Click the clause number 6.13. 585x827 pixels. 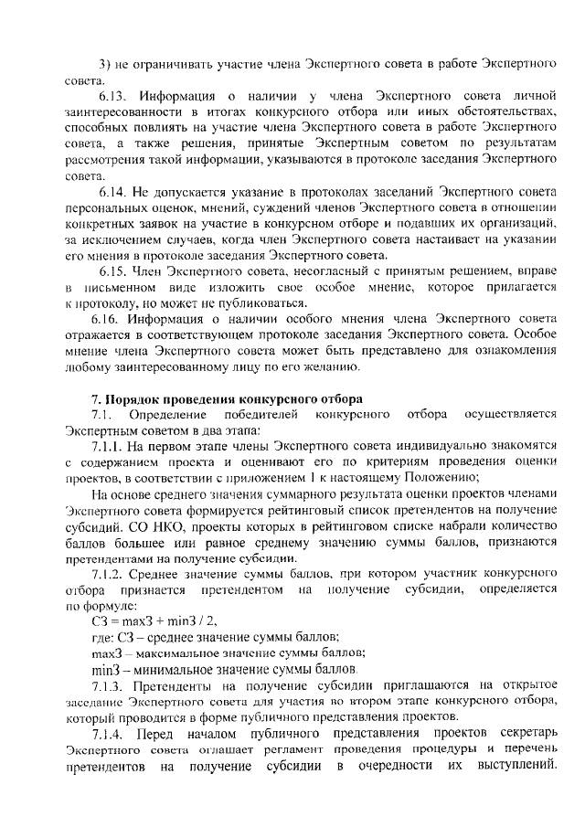112,95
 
